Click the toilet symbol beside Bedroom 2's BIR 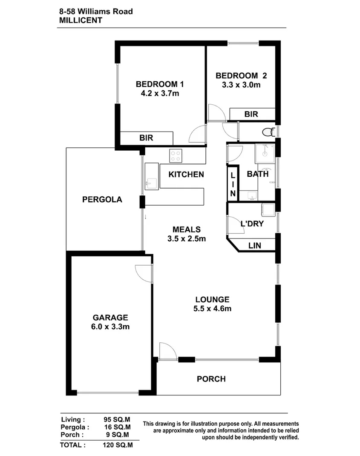268,132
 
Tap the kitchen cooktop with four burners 176,156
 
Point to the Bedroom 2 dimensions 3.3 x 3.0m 241,85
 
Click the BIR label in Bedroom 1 146,138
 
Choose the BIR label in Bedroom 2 251,114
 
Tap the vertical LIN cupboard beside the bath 233,184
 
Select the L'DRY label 251,224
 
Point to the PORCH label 211,379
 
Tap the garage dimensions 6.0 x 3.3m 111,327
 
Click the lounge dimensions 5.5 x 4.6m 212,309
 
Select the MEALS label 187,229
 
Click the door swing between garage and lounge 143,272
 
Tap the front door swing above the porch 167,350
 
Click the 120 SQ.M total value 118,445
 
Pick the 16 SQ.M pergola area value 118,427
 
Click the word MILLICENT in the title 81,20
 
